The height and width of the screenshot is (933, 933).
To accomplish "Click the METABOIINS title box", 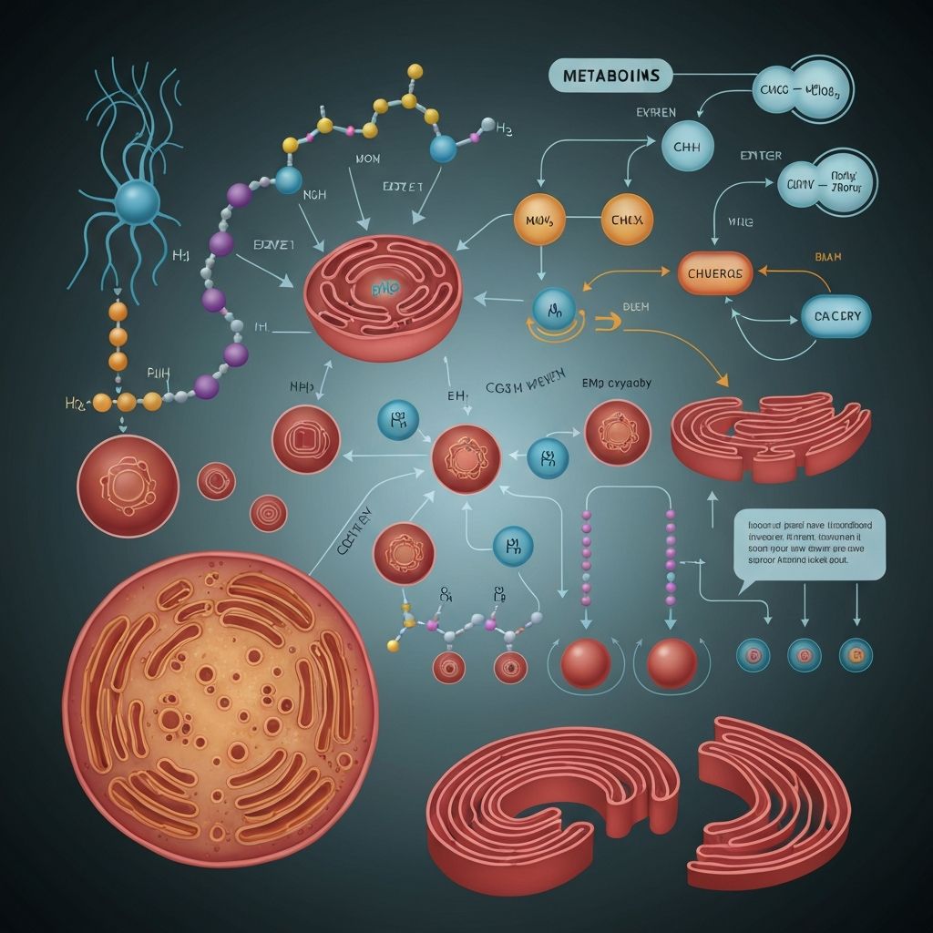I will pos(610,76).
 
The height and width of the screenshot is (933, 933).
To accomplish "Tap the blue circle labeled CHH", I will pos(686,146).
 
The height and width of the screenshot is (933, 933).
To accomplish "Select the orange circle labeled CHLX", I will pos(627,220).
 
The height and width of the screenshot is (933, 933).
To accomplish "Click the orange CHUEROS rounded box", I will pos(715,272).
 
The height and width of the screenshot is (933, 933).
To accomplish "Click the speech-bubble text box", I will pos(808,544).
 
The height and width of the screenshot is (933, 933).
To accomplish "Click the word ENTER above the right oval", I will pos(761,156).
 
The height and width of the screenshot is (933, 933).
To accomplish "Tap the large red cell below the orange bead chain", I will pos(128,485).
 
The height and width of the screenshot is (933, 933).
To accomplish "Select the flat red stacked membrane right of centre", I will pos(770,436).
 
